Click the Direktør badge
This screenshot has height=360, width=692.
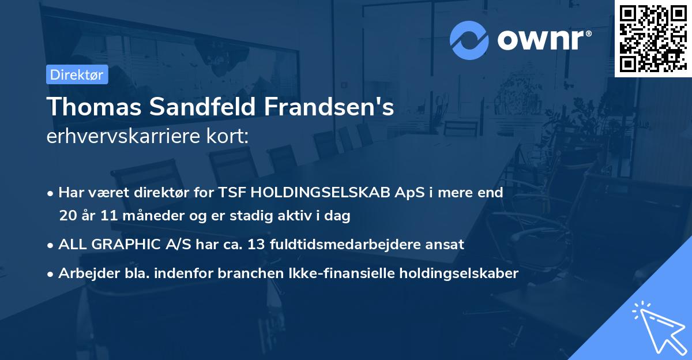(x=77, y=74)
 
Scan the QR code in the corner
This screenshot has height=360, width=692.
(x=653, y=38)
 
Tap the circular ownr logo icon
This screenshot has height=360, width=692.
(x=469, y=40)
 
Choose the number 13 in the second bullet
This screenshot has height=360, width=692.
(x=257, y=244)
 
